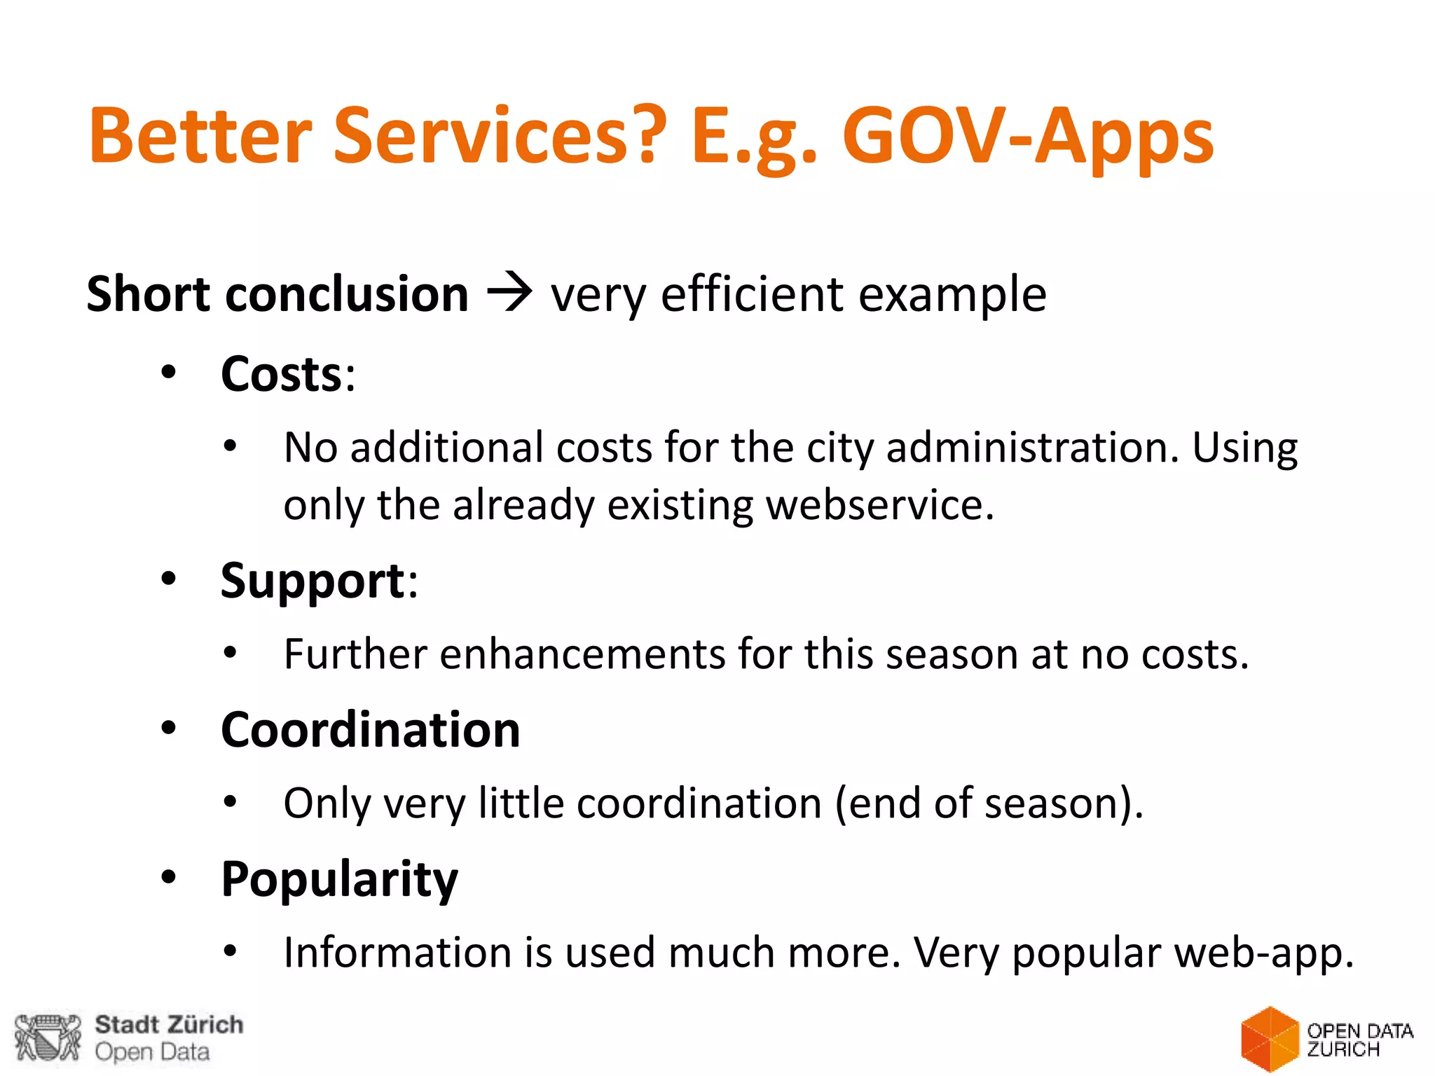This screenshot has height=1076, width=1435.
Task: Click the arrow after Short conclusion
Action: [509, 293]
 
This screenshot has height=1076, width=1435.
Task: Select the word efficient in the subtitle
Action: [753, 294]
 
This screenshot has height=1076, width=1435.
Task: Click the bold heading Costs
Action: [281, 374]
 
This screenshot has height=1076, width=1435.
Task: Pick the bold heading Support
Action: [313, 581]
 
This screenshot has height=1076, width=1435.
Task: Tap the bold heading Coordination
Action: [370, 730]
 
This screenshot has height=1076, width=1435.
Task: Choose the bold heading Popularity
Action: [339, 879]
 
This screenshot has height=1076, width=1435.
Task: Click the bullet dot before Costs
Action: [168, 373]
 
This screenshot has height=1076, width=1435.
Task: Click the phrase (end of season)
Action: [989, 803]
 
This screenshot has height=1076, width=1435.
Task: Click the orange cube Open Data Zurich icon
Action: [1269, 1040]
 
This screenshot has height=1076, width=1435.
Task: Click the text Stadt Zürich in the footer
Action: [169, 1025]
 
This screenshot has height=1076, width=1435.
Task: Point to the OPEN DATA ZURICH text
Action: [1359, 1040]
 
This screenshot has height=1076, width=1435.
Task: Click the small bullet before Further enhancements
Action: [231, 653]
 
